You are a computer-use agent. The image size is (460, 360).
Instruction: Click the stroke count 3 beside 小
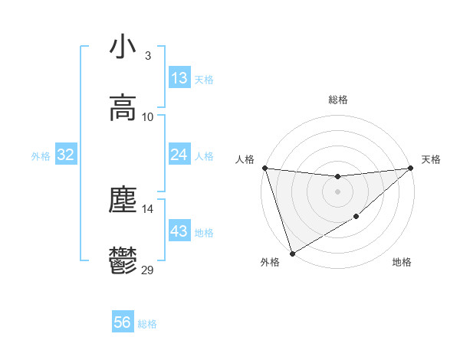tap(148, 56)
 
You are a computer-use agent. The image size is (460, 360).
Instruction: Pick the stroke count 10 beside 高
tap(148, 117)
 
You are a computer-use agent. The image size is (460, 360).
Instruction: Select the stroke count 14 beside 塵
tap(148, 208)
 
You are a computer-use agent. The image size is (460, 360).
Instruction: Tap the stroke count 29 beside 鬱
tap(148, 270)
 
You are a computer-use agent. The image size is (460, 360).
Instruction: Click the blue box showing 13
tap(179, 78)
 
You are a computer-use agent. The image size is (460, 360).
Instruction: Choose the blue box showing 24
tap(179, 155)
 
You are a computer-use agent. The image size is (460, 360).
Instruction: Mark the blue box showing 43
tap(179, 231)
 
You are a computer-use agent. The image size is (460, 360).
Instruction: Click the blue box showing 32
tap(66, 155)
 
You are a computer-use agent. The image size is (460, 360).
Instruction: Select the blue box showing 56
tap(123, 323)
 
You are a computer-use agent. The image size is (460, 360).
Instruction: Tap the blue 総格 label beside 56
tap(148, 324)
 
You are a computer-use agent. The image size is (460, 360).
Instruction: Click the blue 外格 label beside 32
tap(41, 155)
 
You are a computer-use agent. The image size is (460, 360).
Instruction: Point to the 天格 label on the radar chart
tap(431, 159)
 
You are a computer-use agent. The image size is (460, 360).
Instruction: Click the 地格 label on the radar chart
tap(402, 263)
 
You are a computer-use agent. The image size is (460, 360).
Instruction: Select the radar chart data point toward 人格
tap(264, 168)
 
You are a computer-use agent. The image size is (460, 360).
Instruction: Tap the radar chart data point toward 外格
tap(292, 254)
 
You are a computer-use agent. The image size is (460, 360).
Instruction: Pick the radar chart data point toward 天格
tap(410, 168)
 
